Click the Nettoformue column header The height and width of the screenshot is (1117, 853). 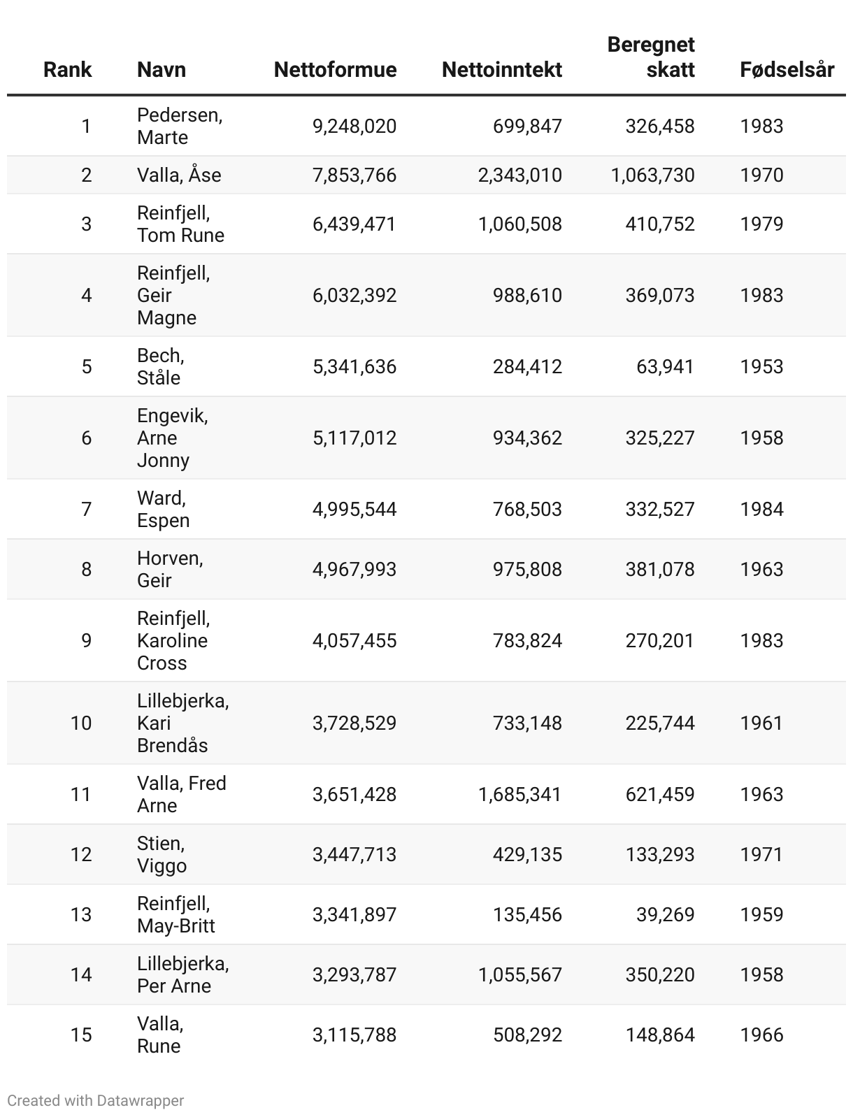(335, 70)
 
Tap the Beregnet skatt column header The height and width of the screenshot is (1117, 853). (651, 57)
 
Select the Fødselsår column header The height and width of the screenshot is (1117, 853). (787, 70)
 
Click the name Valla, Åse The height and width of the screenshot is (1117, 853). (179, 175)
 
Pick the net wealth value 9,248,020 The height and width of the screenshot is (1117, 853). (354, 127)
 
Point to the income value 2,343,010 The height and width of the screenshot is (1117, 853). (519, 175)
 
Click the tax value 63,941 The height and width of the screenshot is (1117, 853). (665, 367)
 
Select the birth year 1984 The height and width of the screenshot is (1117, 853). (761, 510)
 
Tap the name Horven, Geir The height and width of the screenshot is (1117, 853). (170, 569)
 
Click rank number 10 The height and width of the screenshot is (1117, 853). (81, 723)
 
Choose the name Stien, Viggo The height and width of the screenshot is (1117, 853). (162, 854)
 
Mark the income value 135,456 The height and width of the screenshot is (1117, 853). (527, 914)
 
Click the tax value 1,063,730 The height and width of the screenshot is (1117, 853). (652, 175)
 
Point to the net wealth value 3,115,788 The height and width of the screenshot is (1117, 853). (354, 1035)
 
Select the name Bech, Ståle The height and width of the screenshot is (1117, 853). (160, 367)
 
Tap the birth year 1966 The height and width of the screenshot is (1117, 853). (761, 1035)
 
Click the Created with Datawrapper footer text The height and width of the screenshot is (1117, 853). (96, 1100)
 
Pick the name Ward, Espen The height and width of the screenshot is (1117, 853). (163, 510)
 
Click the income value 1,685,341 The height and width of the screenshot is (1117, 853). (519, 794)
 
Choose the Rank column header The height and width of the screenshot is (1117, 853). (68, 70)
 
